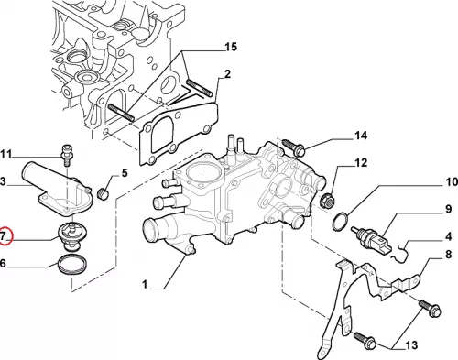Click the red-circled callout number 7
click(x=3, y=236)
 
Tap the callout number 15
click(x=231, y=47)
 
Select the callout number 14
click(x=361, y=136)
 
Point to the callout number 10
click(x=452, y=182)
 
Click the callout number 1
click(x=145, y=285)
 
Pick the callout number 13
click(x=411, y=345)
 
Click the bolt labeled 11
click(x=67, y=154)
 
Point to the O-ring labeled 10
click(x=340, y=222)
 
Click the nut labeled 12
click(x=326, y=200)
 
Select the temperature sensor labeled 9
click(x=370, y=239)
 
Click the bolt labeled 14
click(x=293, y=147)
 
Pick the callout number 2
click(x=227, y=74)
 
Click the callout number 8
click(x=448, y=255)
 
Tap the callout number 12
click(x=361, y=163)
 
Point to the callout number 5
click(x=125, y=173)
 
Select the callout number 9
click(x=448, y=209)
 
